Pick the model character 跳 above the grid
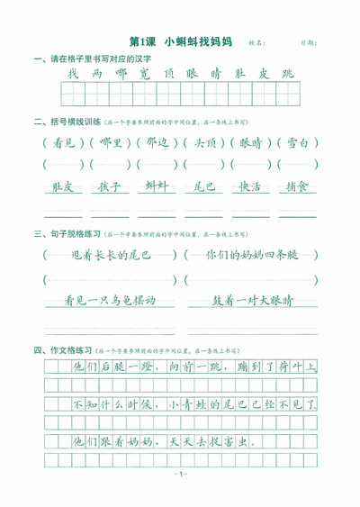[286, 74]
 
